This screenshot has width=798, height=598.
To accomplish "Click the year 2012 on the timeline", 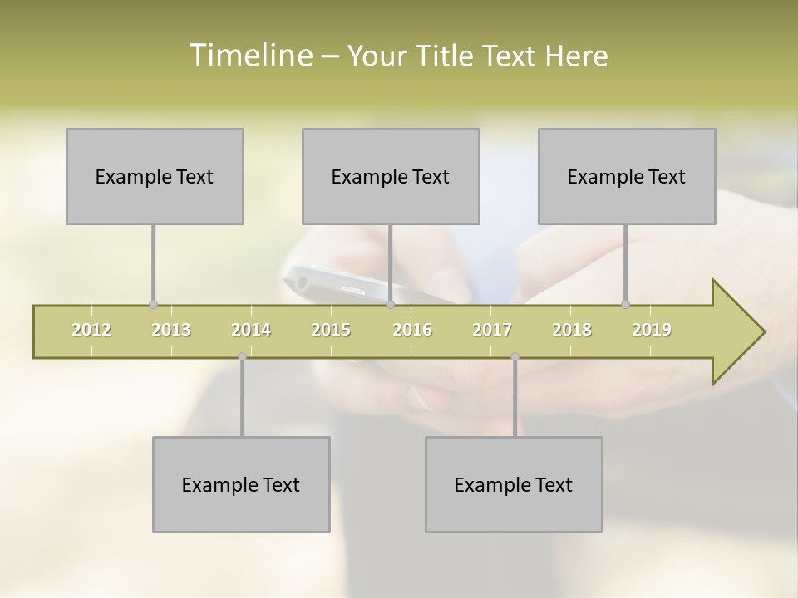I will click(91, 330).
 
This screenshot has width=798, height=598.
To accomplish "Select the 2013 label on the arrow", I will click(171, 330).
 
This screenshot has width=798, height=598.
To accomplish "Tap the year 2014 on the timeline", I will click(251, 330).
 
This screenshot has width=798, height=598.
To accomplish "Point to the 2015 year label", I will click(331, 330).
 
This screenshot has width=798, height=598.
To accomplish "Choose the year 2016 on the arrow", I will click(412, 330).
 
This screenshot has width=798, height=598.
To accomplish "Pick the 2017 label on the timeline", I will click(492, 330).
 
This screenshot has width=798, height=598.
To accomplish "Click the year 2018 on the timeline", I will click(572, 330).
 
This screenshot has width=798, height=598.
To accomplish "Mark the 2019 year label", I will click(652, 330).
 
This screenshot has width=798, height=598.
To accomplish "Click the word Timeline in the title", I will click(249, 56).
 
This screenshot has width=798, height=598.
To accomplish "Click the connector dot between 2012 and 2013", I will click(153, 305).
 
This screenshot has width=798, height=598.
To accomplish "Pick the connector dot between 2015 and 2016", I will click(390, 305).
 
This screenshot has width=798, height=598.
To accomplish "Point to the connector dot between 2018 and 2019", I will click(626, 305).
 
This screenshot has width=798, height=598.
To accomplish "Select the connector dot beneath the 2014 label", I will click(242, 357).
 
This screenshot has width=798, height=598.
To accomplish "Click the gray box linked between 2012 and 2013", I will click(155, 176).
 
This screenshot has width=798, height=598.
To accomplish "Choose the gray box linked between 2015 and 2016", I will click(391, 176).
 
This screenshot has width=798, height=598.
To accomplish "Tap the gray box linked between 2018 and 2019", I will click(627, 176).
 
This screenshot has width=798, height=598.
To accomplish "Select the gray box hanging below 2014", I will click(241, 484).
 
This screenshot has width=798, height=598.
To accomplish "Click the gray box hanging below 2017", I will click(514, 484).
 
